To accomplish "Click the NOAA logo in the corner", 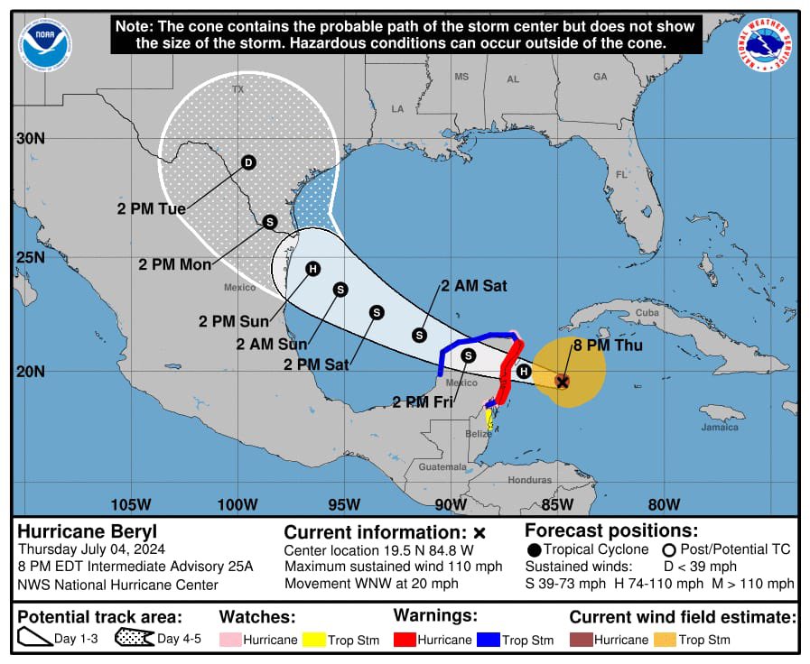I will pyautogui.click(x=44, y=44).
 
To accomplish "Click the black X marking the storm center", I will pyautogui.click(x=562, y=383).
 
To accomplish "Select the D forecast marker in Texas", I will pyautogui.click(x=248, y=162).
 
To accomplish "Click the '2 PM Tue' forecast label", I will pyautogui.click(x=151, y=208).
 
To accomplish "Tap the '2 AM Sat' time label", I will pyautogui.click(x=474, y=286).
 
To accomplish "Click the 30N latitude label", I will pyautogui.click(x=29, y=138).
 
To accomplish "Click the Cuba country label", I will pyautogui.click(x=647, y=313).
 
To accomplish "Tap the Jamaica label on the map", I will pyautogui.click(x=720, y=427).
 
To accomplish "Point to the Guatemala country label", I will pyautogui.click(x=442, y=466).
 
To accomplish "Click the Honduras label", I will pyautogui.click(x=529, y=480).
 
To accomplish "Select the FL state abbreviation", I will pyautogui.click(x=621, y=174).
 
